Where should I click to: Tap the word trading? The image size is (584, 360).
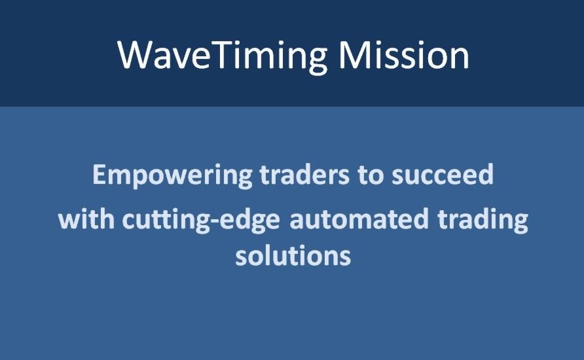(x=483, y=220)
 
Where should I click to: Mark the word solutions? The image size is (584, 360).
(x=293, y=255)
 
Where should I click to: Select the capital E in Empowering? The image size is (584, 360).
(x=99, y=175)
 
